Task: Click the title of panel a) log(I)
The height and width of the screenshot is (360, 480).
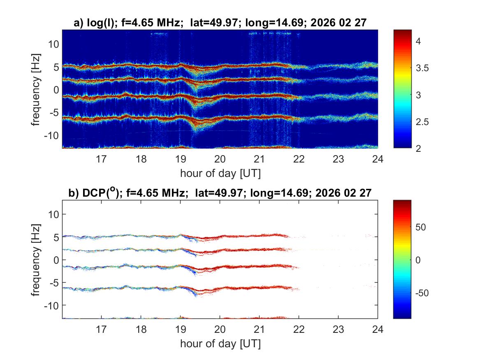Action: point(220,24)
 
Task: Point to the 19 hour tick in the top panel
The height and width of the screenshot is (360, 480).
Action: point(181,158)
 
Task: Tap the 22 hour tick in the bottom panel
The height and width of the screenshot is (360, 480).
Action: point(299,329)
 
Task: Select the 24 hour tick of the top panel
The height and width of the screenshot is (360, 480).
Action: point(378,158)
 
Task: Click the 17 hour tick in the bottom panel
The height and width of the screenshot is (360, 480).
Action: point(102,329)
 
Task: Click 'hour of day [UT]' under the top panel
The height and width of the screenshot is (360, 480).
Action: point(220,173)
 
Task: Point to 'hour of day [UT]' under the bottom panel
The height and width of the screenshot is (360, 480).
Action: point(220,344)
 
